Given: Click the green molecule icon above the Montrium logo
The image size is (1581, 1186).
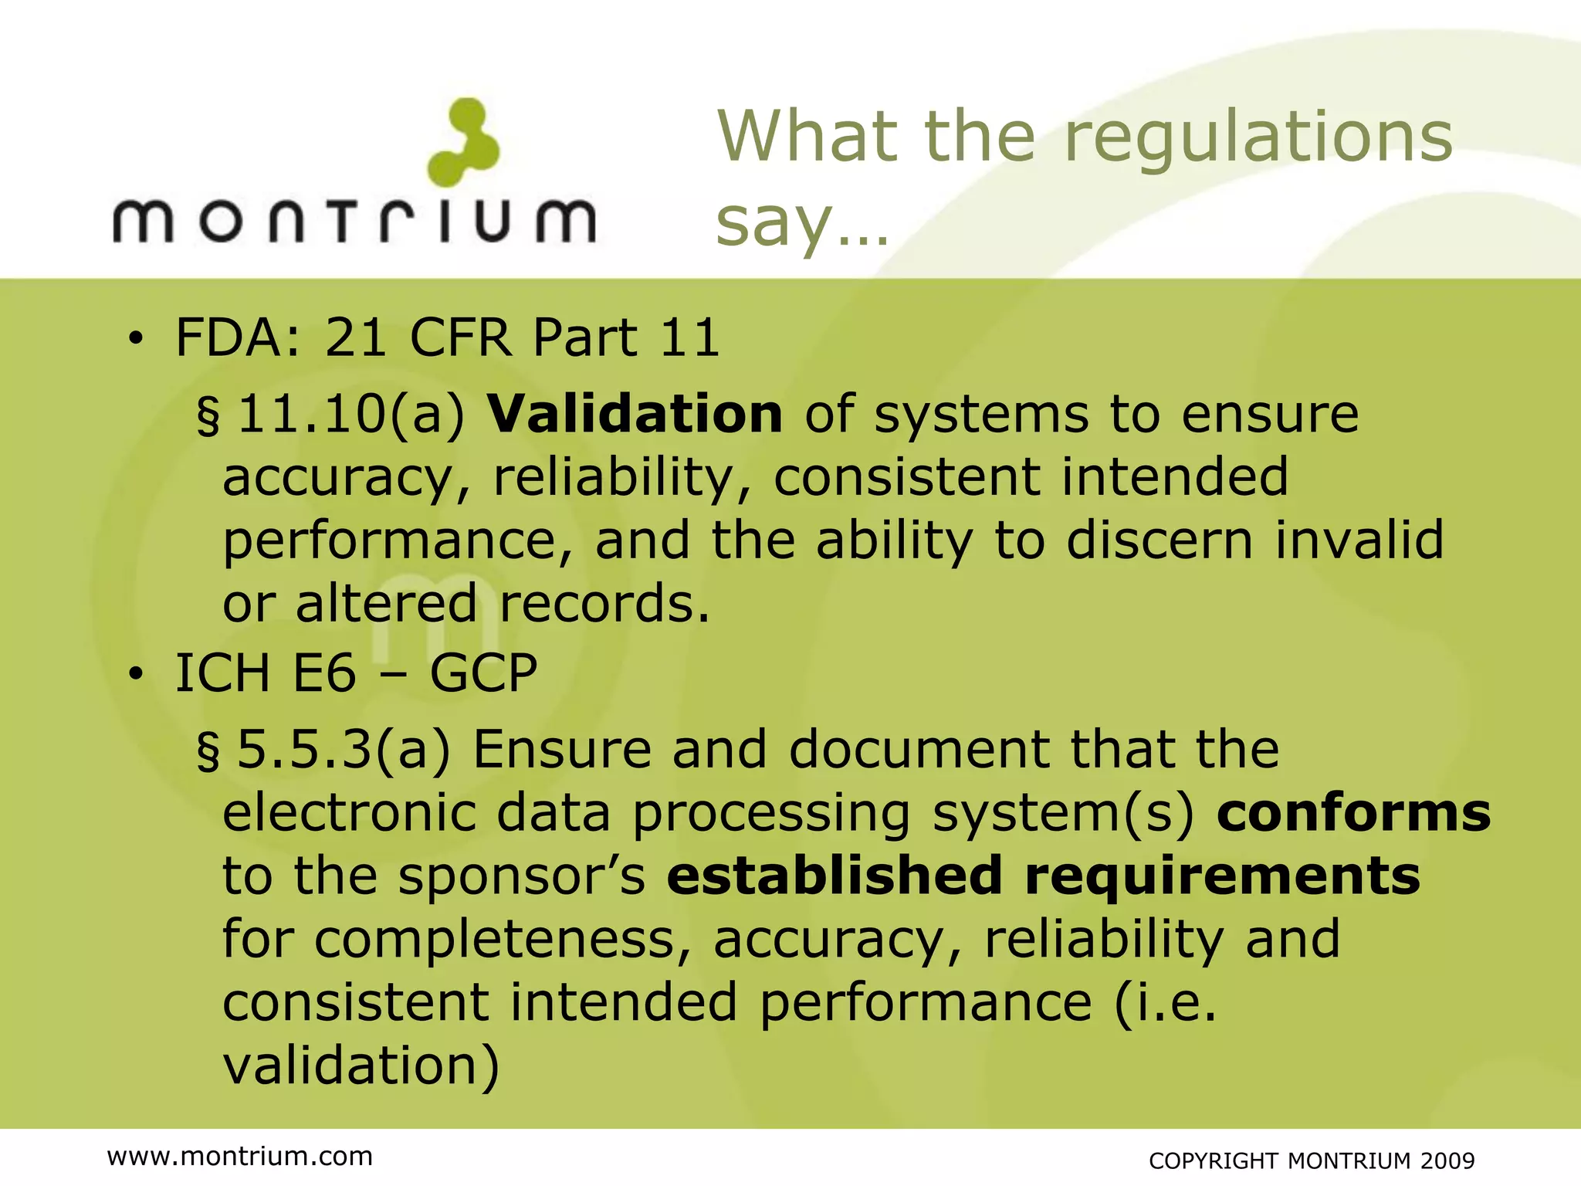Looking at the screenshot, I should (x=464, y=143).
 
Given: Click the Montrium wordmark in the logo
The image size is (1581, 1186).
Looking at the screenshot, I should (x=354, y=221).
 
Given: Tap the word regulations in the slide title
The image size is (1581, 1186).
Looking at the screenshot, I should (x=1258, y=137).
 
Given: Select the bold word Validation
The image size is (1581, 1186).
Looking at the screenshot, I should (x=635, y=414).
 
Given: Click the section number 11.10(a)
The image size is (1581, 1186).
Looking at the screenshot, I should (x=351, y=415).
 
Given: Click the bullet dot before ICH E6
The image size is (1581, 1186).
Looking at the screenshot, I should (x=137, y=674).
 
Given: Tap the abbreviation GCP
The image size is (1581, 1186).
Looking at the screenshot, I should (x=483, y=673).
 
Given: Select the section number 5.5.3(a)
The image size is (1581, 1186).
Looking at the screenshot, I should (x=344, y=750).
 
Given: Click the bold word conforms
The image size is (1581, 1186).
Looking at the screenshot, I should (x=1354, y=813).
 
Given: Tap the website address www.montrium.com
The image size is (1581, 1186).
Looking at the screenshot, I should (x=240, y=1156).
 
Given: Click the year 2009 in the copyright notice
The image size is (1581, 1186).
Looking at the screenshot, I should (x=1447, y=1161).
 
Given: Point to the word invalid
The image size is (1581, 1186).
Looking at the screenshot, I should (x=1359, y=540).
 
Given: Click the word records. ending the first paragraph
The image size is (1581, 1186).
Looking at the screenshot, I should (x=604, y=603).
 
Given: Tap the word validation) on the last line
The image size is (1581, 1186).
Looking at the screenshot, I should (x=361, y=1066).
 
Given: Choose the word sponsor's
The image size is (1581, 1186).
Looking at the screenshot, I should (x=522, y=877).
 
